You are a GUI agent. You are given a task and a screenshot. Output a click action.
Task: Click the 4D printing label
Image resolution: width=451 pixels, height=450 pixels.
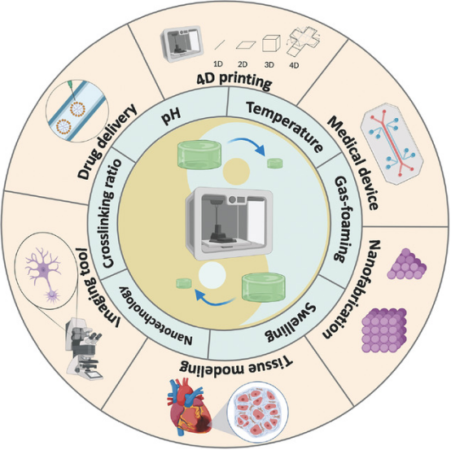click(x=234, y=81)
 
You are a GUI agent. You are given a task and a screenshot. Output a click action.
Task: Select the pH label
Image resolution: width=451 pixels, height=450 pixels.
click(x=171, y=116)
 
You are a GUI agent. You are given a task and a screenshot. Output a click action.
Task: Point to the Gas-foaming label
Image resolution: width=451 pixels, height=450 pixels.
click(x=344, y=219)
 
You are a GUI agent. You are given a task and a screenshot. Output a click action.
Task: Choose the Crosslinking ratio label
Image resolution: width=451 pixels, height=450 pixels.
click(x=111, y=213)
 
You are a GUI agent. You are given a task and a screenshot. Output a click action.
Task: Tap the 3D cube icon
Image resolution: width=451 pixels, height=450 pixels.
click(x=271, y=43)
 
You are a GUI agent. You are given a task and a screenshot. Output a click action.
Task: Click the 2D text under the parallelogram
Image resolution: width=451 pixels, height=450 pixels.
click(x=243, y=64)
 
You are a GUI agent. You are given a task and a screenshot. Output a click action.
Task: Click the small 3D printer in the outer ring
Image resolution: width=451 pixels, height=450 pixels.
click(x=182, y=44)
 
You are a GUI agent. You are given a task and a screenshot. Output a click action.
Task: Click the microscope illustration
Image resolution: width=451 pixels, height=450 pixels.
click(x=83, y=348)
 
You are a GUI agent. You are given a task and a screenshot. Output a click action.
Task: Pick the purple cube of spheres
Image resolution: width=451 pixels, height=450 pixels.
click(x=383, y=330)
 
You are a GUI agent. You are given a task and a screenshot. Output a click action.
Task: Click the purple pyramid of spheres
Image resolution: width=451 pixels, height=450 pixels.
click(x=406, y=264)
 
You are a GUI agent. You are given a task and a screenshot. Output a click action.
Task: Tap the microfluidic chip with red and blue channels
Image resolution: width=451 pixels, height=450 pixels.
click(x=392, y=143)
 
